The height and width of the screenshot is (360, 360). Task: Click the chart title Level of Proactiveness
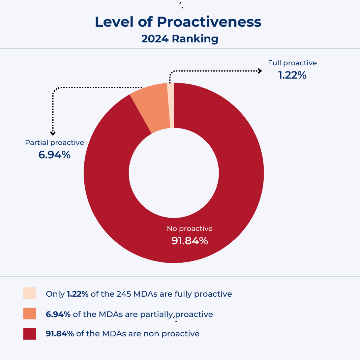(178, 22)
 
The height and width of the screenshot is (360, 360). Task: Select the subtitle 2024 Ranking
(180, 38)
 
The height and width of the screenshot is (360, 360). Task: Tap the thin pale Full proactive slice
(171, 106)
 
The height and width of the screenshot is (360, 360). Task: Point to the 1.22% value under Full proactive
(292, 75)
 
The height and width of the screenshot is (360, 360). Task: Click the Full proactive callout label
(292, 63)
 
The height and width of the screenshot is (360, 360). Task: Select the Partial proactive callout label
(54, 143)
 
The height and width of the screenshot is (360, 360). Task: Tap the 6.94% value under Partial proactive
(54, 155)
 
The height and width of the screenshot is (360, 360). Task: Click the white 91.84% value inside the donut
(190, 241)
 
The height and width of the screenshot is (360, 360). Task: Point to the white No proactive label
(190, 229)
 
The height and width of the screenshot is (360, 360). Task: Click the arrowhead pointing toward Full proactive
(260, 71)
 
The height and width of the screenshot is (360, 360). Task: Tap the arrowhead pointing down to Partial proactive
(53, 133)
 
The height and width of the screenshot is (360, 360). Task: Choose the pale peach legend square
(30, 293)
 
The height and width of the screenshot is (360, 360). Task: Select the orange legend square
(30, 313)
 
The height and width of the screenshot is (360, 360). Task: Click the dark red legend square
(30, 334)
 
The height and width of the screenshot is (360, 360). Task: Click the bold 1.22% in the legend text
(78, 294)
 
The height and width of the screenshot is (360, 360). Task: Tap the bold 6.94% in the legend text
(58, 314)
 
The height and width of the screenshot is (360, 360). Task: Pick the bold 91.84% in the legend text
(60, 334)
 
